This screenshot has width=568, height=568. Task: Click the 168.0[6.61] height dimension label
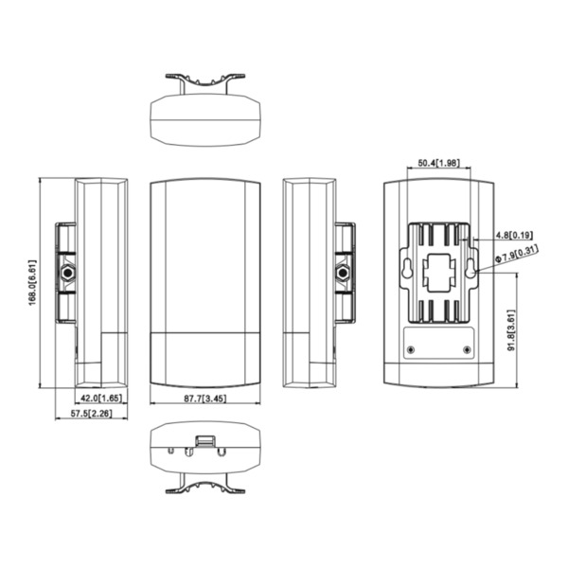32,282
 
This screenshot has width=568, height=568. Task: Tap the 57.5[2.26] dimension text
92,415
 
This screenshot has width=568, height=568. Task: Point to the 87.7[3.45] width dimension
205,399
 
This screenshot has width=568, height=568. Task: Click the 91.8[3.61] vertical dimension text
511,328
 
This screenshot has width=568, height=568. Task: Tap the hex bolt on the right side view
343,273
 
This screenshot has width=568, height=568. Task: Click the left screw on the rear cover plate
410,349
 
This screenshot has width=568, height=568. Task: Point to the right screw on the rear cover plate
467,349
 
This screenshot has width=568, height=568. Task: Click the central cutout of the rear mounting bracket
438,275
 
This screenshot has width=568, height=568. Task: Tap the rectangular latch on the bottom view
205,439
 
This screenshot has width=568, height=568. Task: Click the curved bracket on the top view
205,80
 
